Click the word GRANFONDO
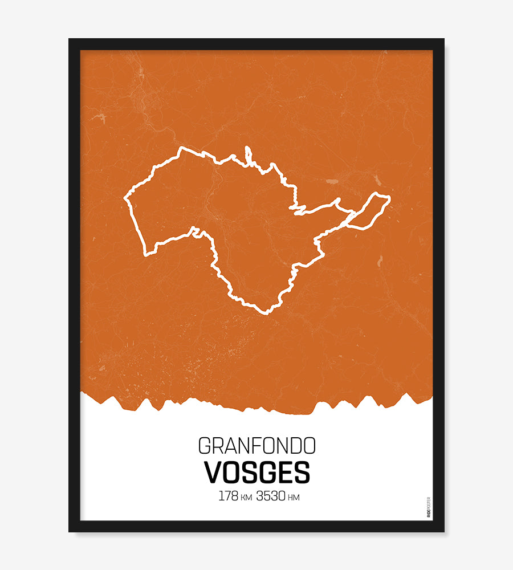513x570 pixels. coord(256,446)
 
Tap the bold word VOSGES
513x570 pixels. coord(257,473)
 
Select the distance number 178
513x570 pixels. coord(228,496)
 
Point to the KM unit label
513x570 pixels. coord(246,498)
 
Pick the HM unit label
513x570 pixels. coord(294,498)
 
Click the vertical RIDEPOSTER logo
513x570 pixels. coord(429,507)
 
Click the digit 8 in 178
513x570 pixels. coord(234,496)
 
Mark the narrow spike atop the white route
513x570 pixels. coord(248,151)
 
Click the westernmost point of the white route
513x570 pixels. coord(125,198)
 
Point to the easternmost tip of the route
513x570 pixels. coord(389,198)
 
